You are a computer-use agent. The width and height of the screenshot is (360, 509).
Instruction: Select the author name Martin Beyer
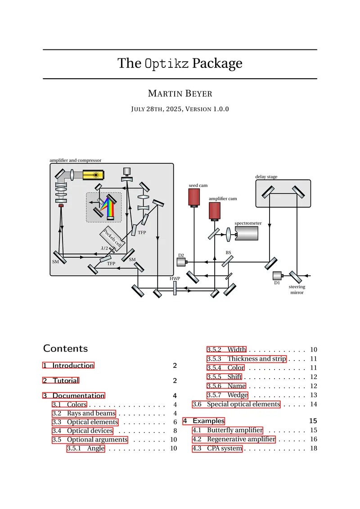tap(180, 94)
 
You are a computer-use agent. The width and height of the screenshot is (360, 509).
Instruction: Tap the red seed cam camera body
tap(194, 196)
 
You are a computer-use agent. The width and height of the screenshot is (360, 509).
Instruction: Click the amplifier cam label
tap(223, 198)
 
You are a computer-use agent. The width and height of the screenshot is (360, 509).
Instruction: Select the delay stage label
tap(266, 177)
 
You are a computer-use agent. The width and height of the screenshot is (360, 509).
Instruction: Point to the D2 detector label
tap(181, 255)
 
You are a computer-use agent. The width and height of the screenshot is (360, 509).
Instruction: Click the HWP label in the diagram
tap(175, 278)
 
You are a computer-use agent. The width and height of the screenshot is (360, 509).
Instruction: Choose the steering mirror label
tap(297, 290)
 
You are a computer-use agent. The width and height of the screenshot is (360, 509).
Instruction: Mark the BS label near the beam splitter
tap(229, 253)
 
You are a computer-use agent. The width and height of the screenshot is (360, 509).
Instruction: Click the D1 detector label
tap(277, 283)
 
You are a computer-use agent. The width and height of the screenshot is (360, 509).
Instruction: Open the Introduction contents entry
tap(73, 366)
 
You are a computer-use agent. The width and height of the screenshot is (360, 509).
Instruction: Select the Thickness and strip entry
tap(256, 359)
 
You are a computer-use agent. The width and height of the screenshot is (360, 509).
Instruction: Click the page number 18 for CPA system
tap(314, 448)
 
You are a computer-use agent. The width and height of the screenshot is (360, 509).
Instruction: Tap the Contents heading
tap(66, 348)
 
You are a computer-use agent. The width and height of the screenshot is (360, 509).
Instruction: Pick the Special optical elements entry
tap(243, 404)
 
